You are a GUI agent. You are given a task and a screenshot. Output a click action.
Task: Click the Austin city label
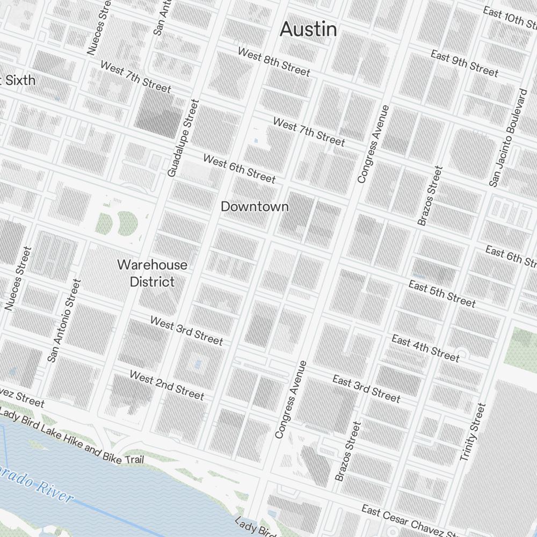(308, 30)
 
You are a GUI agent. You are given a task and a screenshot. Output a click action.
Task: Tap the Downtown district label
(255, 207)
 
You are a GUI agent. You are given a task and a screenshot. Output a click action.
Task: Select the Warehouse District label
(153, 273)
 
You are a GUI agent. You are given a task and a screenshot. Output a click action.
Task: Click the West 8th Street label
(274, 62)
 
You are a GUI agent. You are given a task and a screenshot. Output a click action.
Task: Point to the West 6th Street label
(239, 169)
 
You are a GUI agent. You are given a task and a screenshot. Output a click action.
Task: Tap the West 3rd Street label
(186, 330)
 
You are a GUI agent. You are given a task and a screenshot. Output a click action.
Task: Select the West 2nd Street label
(166, 385)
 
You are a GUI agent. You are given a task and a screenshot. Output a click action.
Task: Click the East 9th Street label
(465, 63)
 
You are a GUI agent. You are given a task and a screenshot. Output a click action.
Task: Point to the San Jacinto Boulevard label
(509, 138)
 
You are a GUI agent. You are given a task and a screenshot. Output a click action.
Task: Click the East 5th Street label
(442, 294)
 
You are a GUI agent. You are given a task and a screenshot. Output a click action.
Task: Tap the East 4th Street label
(425, 347)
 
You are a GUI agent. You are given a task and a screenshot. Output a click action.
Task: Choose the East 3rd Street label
(366, 389)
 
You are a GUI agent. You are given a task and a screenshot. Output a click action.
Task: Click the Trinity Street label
(473, 432)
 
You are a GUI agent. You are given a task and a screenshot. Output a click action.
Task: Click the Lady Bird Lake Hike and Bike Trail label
(72, 436)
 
